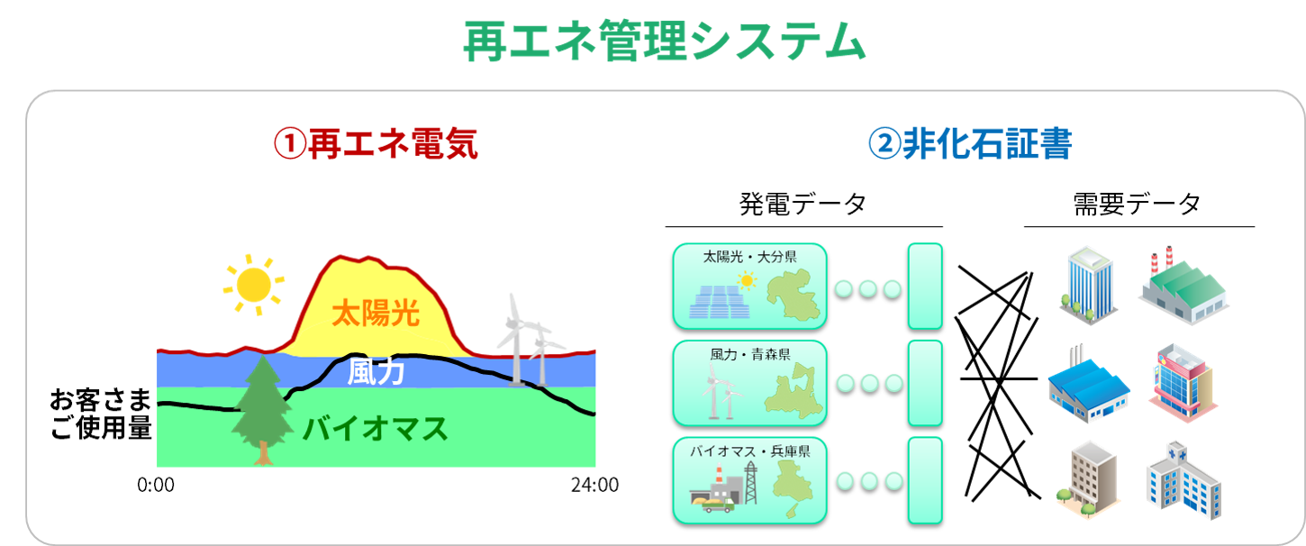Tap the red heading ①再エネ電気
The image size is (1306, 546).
(x=376, y=143)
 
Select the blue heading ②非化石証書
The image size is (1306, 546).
(x=970, y=143)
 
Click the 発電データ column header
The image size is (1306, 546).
(x=803, y=205)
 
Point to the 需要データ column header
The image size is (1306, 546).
(x=1137, y=205)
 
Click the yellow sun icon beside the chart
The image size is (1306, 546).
(x=254, y=286)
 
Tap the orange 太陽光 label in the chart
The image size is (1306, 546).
(x=376, y=314)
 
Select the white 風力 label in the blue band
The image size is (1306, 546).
(x=376, y=371)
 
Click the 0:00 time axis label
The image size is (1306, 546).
(x=156, y=485)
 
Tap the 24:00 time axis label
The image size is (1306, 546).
(x=594, y=485)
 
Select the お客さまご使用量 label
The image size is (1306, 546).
(x=100, y=414)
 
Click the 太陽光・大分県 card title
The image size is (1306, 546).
(x=749, y=257)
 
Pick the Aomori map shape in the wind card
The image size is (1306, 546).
(x=794, y=391)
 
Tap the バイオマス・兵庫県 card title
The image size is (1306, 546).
(x=749, y=450)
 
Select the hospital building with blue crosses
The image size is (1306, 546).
(x=1184, y=480)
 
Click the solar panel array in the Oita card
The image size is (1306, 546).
(x=720, y=302)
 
